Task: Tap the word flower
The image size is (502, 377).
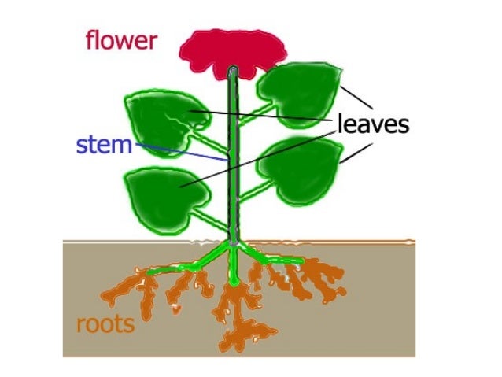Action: tap(121, 40)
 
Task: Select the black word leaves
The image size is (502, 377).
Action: tap(374, 124)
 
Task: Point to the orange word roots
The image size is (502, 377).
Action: tap(105, 323)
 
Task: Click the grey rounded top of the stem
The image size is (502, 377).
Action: tap(233, 73)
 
